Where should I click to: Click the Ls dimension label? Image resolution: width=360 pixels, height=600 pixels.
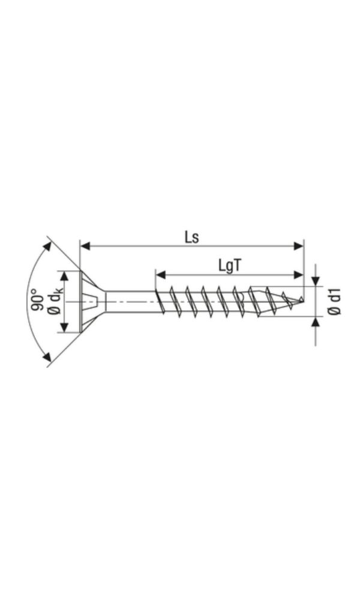point(191,237)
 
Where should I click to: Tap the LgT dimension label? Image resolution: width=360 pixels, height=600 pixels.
point(230,266)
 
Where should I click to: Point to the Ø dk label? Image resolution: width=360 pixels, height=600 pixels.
point(55,301)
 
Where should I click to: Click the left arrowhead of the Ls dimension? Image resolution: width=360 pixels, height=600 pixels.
point(85,246)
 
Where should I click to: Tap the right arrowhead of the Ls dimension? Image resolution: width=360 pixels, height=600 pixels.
point(298,246)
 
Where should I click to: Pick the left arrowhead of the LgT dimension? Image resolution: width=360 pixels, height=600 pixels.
point(161,275)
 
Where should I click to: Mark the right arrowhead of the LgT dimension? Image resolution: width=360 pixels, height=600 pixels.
point(298,275)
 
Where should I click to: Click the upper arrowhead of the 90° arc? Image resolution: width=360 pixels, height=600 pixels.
point(47,247)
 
